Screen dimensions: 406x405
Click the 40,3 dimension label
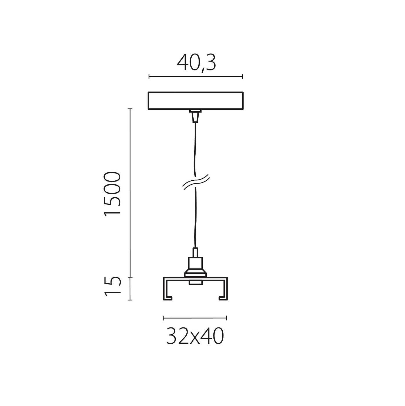click(196, 63)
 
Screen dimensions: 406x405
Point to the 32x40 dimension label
click(195, 336)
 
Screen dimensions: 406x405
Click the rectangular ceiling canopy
click(196, 101)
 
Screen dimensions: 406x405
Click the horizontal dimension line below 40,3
click(196, 77)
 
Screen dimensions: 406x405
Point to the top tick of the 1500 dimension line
click(130, 109)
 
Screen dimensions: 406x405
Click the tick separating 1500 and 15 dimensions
click(130, 277)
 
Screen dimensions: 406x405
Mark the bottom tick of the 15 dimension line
click(130, 300)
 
